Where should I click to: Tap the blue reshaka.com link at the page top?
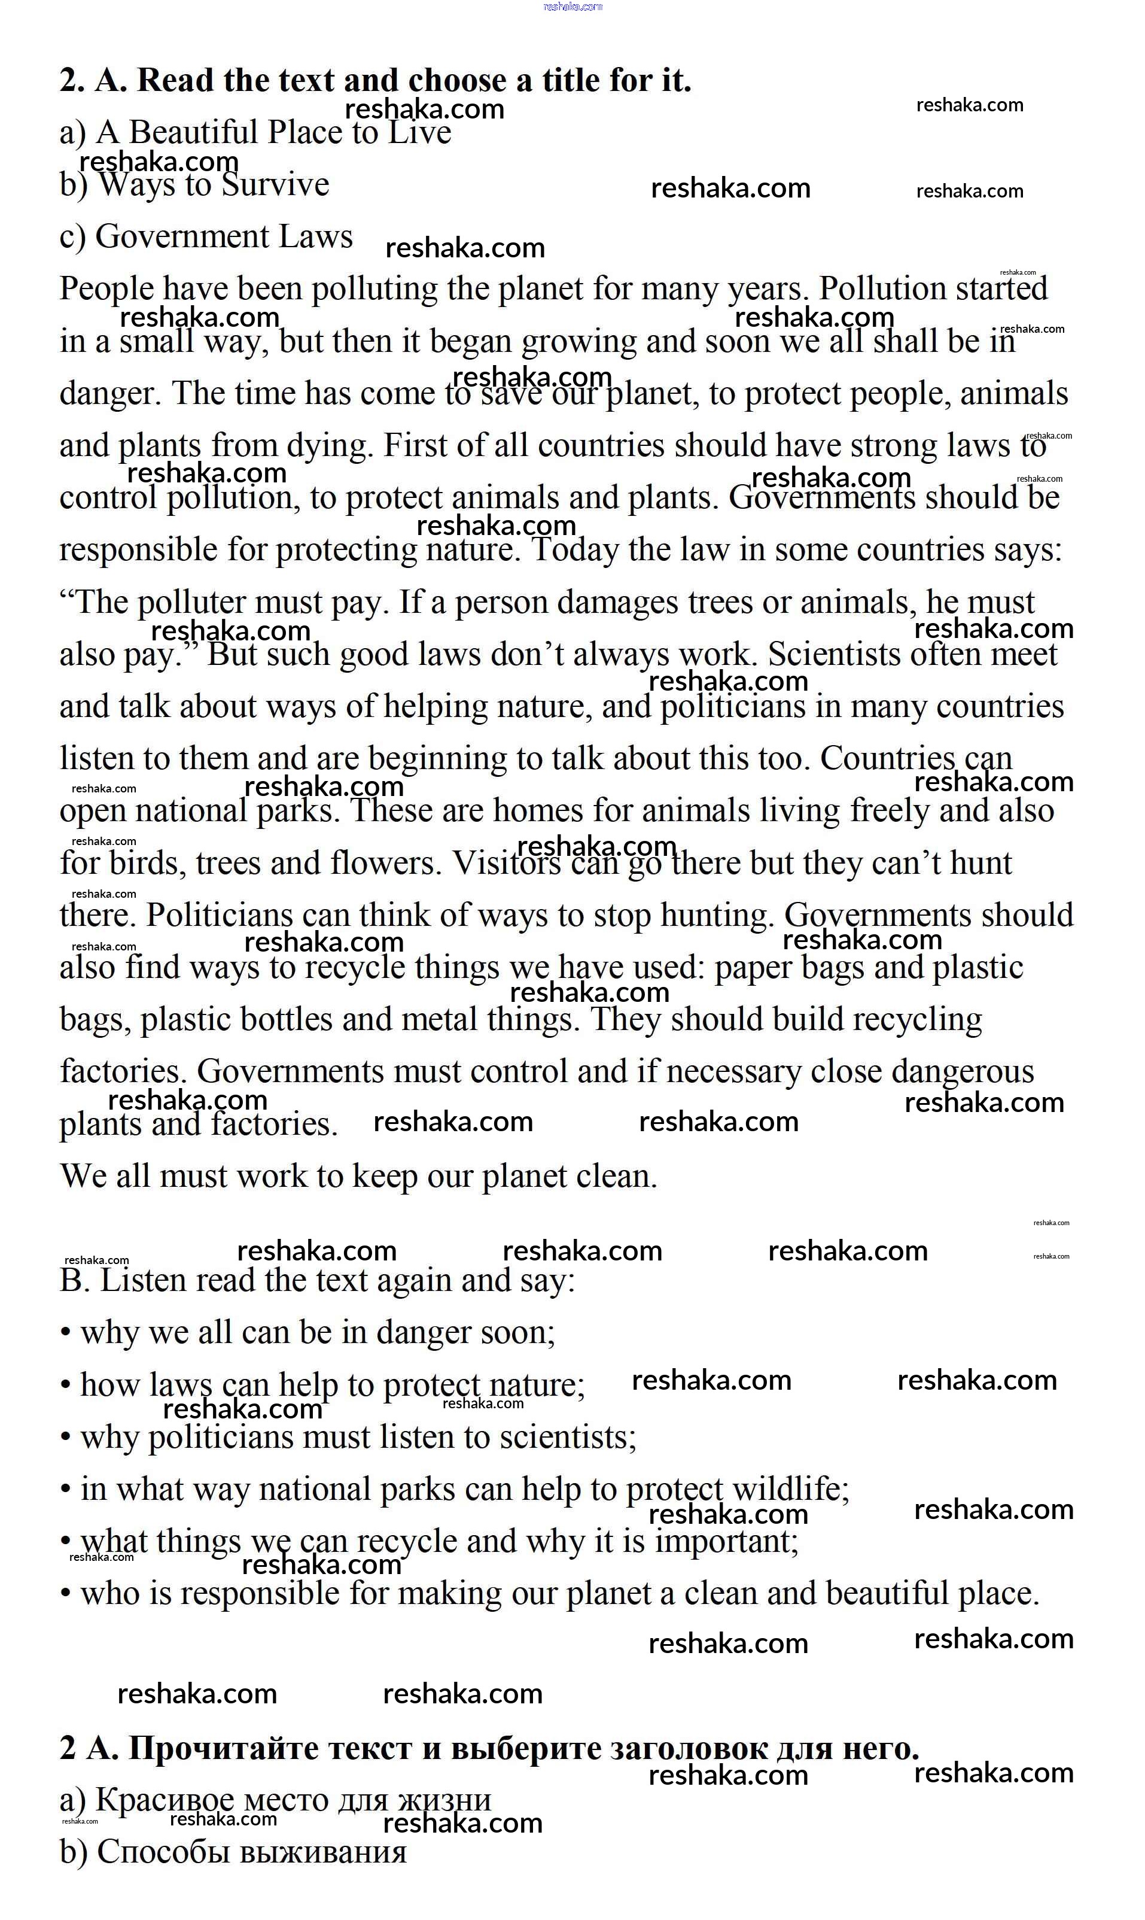click(x=572, y=7)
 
